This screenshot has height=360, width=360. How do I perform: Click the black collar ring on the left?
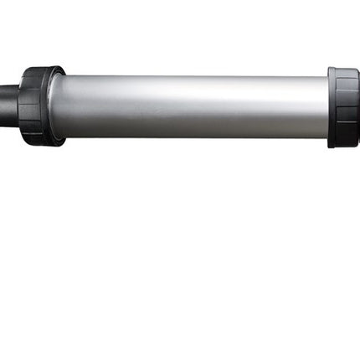click(38, 106)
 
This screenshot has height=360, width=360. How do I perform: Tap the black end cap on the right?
click(344, 107)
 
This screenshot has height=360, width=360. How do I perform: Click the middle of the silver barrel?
click(188, 106)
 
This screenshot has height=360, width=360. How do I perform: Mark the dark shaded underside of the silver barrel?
click(188, 132)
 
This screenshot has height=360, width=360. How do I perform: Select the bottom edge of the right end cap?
click(344, 145)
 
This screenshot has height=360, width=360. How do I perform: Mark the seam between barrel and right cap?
click(328, 107)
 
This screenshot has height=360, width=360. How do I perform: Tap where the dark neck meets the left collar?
click(18, 95)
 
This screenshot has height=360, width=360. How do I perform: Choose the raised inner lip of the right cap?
click(332, 107)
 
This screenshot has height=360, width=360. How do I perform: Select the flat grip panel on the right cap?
click(347, 107)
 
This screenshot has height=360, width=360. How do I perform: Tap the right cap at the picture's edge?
click(357, 107)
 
